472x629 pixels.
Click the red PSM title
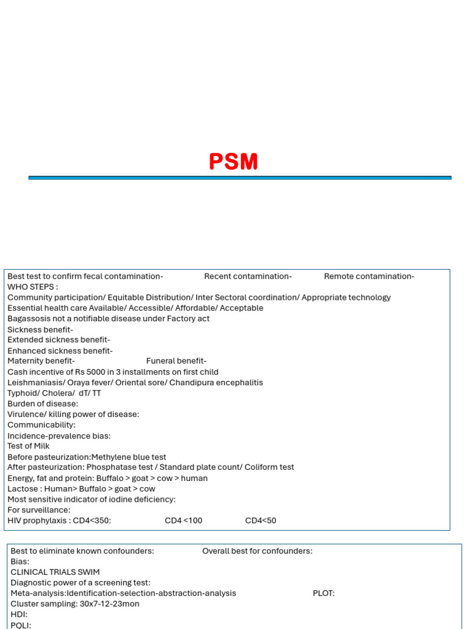[234, 162]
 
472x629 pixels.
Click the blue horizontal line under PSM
[240, 178]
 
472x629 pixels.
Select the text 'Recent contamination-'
[248, 276]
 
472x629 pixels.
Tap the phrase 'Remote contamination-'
[369, 276]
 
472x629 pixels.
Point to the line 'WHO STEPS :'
[33, 287]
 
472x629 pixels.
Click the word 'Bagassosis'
[28, 319]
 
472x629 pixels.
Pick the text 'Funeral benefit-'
[176, 361]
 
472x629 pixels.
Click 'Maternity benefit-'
[41, 361]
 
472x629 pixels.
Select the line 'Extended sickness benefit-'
[59, 340]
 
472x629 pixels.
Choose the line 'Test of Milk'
[28, 446]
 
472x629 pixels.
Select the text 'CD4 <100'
[183, 521]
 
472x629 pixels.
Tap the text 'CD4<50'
[261, 521]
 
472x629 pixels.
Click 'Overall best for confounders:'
[257, 551]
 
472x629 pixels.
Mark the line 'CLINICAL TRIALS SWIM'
[55, 572]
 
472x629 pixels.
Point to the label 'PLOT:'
[324, 593]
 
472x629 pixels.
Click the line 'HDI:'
[19, 614]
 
